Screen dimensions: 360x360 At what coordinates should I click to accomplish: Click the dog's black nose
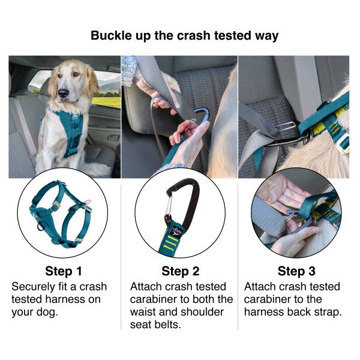(x=64, y=93)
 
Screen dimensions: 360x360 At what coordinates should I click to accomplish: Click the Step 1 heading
(x=64, y=271)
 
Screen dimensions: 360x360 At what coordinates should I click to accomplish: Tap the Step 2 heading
(x=181, y=271)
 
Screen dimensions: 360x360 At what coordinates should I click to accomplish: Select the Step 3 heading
(x=296, y=271)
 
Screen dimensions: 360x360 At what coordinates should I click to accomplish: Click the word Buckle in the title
(x=112, y=35)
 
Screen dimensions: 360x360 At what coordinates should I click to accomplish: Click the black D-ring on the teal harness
(x=41, y=227)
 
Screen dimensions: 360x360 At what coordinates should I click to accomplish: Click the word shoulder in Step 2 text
(x=202, y=312)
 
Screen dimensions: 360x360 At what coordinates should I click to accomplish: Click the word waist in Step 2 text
(x=143, y=312)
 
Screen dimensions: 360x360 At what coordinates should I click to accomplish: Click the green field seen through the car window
(x=107, y=102)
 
